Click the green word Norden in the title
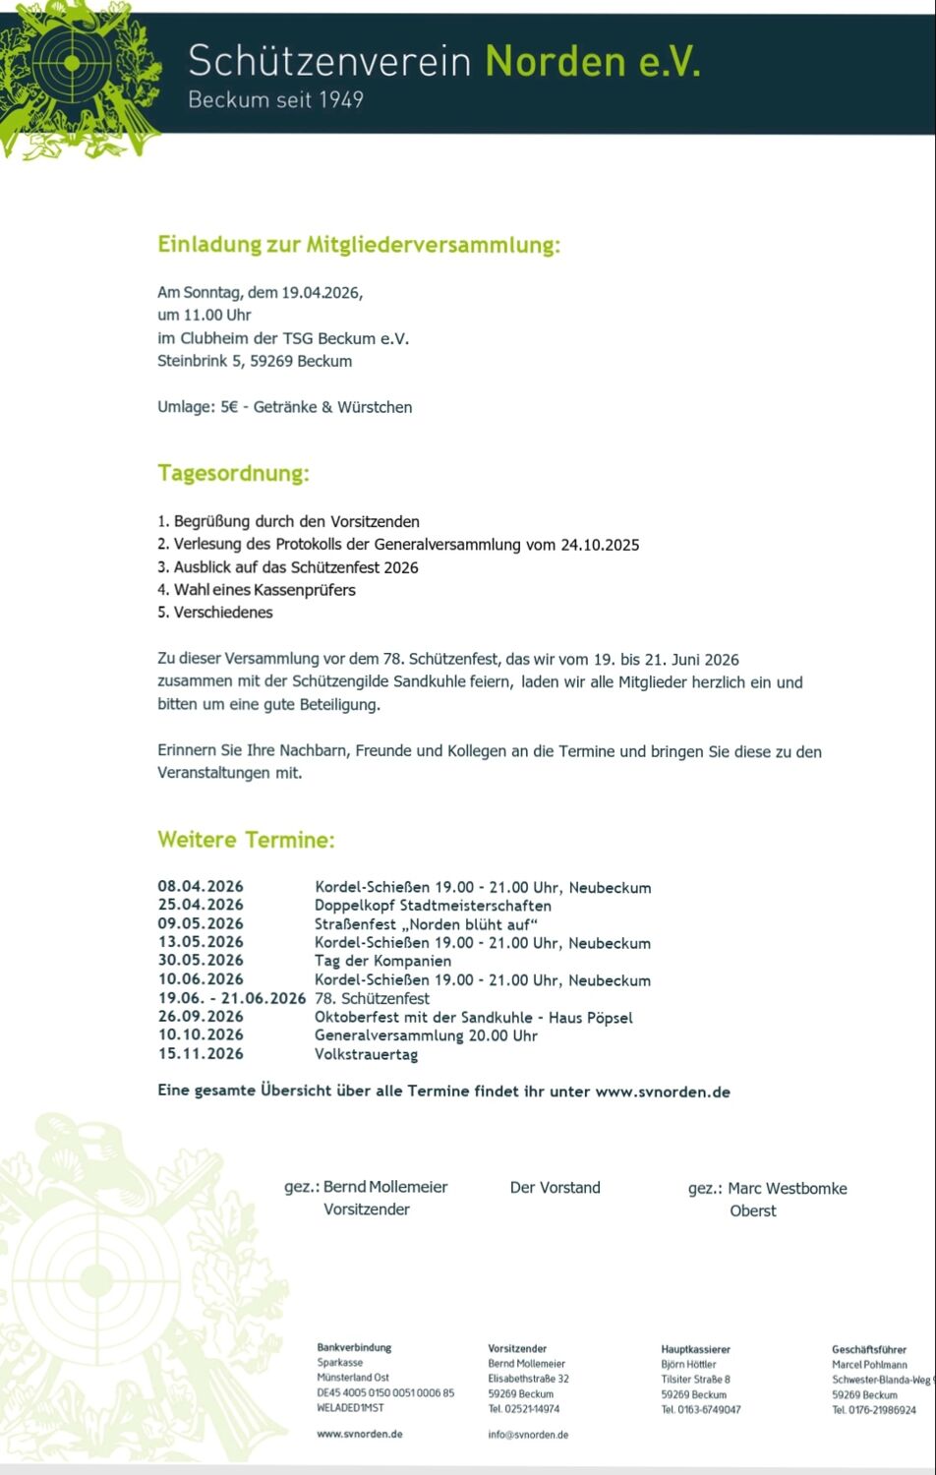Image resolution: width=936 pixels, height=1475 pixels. (555, 62)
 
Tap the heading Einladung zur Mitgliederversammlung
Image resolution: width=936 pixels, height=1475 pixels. (359, 245)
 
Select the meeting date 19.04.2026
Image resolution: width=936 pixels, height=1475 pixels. (322, 292)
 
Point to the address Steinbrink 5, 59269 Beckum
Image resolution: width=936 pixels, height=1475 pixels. (255, 361)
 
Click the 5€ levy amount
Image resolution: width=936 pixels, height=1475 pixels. (229, 407)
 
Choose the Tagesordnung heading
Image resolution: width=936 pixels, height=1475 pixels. (233, 473)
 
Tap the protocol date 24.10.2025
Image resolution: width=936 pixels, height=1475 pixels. (600, 545)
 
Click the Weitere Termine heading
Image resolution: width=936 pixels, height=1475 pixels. (246, 840)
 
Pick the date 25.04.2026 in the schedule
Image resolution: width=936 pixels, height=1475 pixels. (201, 905)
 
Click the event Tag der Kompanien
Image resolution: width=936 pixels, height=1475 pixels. (382, 961)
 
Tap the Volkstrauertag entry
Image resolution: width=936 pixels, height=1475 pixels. (366, 1054)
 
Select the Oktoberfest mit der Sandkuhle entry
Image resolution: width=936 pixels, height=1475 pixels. (473, 1017)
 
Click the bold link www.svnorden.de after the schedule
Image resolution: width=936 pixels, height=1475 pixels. (663, 1091)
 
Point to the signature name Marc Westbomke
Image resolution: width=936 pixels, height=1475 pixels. (787, 1188)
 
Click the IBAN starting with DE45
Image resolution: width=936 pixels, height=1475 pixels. (385, 1393)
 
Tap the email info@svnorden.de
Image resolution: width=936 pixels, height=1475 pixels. (528, 1435)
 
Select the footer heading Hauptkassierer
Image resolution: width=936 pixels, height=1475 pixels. (695, 1349)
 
